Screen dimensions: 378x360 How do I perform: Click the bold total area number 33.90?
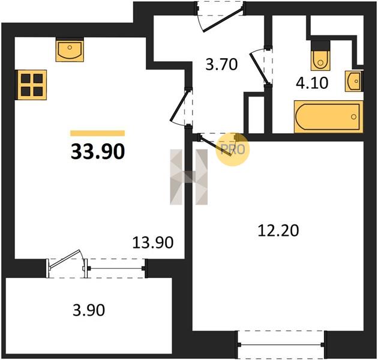tap(98, 152)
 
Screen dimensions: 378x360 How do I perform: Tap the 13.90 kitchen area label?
tap(153, 242)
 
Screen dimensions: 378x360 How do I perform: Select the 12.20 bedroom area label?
tap(278, 230)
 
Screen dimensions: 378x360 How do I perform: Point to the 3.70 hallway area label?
tap(221, 65)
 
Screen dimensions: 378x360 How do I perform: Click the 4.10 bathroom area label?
tap(312, 83)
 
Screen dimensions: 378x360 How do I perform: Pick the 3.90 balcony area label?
tap(89, 310)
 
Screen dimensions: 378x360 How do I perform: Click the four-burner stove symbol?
tap(31, 85)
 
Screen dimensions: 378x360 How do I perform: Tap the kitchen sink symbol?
tap(70, 50)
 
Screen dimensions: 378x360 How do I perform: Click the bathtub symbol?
tap(328, 117)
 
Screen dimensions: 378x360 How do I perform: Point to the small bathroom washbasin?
tap(354, 81)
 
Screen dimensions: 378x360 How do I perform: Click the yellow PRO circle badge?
tap(232, 149)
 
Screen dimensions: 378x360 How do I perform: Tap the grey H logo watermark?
tap(189, 177)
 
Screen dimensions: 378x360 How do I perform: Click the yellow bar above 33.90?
tap(98, 133)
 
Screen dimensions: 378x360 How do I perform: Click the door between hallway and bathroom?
tap(259, 68)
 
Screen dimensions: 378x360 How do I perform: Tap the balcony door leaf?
tap(65, 259)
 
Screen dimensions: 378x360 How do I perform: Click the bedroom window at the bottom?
tap(281, 344)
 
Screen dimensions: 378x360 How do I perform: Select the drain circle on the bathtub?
tap(353, 117)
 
